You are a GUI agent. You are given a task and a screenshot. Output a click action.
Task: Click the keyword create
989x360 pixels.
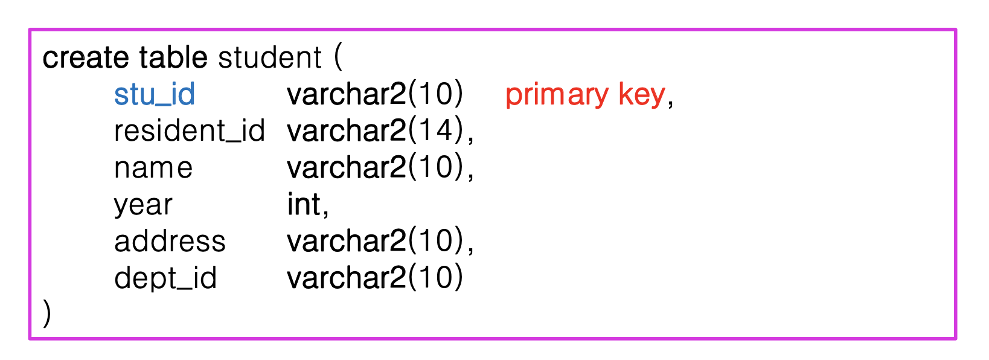click(x=85, y=58)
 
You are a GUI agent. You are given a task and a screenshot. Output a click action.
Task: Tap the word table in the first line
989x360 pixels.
click(x=173, y=58)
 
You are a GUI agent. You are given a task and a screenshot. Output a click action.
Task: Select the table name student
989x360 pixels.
click(x=270, y=58)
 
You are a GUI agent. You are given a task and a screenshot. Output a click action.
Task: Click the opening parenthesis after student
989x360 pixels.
click(x=338, y=58)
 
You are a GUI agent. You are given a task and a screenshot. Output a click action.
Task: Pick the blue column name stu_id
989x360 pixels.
click(x=155, y=95)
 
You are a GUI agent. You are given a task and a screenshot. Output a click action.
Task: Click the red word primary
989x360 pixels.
click(x=557, y=95)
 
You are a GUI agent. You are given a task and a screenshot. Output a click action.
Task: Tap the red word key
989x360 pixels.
click(x=641, y=95)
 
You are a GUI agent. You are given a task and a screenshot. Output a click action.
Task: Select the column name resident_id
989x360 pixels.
click(x=190, y=131)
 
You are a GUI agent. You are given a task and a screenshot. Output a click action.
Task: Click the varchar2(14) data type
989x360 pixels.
click(x=375, y=131)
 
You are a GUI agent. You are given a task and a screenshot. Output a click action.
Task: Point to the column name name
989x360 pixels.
click(x=153, y=168)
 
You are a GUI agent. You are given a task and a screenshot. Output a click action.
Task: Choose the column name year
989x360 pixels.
click(x=143, y=205)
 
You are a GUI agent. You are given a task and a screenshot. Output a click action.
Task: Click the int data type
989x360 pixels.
click(x=304, y=205)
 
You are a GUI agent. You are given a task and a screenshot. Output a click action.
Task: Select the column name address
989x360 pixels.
click(x=170, y=242)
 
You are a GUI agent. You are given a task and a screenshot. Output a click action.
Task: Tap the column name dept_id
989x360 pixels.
click(x=165, y=278)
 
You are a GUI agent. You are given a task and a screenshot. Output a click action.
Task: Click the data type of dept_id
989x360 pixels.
click(x=375, y=278)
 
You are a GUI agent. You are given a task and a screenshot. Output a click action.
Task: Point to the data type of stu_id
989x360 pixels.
click(x=375, y=95)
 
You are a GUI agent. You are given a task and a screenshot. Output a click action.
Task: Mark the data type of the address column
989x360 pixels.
click(x=375, y=242)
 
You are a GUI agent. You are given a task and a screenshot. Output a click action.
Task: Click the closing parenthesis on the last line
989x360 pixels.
click(x=47, y=314)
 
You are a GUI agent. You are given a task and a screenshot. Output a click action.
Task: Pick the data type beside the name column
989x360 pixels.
click(x=375, y=168)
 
